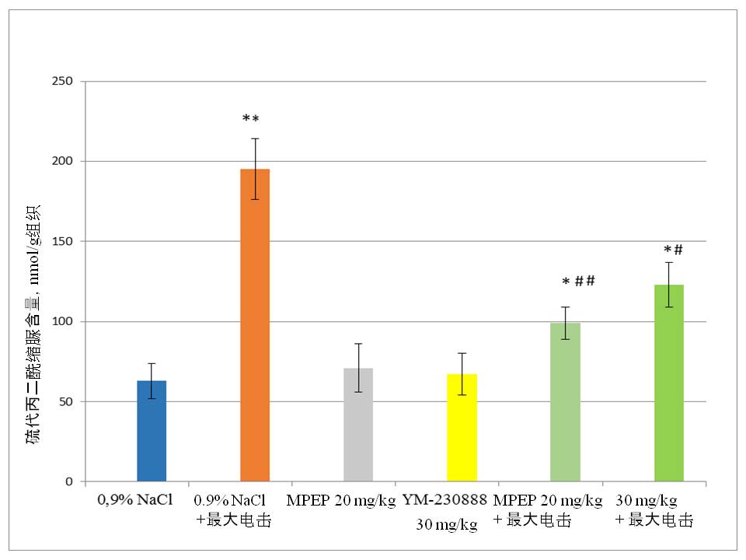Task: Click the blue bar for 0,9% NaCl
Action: pyautogui.click(x=152, y=431)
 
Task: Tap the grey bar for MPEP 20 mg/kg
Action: pyautogui.click(x=358, y=425)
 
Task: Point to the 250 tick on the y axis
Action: pyautogui.click(x=61, y=82)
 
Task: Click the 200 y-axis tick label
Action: pyautogui.click(x=61, y=162)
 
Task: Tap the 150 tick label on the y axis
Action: pyautogui.click(x=61, y=242)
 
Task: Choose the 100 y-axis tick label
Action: pyautogui.click(x=61, y=322)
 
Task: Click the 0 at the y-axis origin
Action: pyautogui.click(x=68, y=482)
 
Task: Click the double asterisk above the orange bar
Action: pyautogui.click(x=250, y=119)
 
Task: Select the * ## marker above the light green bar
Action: pyautogui.click(x=578, y=281)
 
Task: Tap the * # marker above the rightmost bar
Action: pyautogui.click(x=673, y=250)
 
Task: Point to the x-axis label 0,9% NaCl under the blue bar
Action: pyautogui.click(x=135, y=499)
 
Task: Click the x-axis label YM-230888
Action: pyautogui.click(x=444, y=499)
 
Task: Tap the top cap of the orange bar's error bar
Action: pyautogui.click(x=255, y=138)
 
